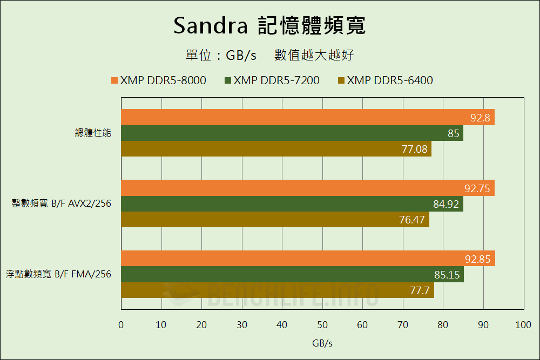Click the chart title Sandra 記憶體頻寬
coord(269,25)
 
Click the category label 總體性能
coord(93,133)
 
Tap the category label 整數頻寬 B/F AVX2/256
coord(62,203)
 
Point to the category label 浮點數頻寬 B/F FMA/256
coord(58,274)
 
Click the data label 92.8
coord(480,118)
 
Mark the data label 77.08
coord(415,149)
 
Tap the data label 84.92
coord(447,204)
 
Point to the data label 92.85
coord(477,259)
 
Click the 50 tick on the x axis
coord(322,325)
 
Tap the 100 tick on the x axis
coord(523,325)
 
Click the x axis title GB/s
coord(322,343)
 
